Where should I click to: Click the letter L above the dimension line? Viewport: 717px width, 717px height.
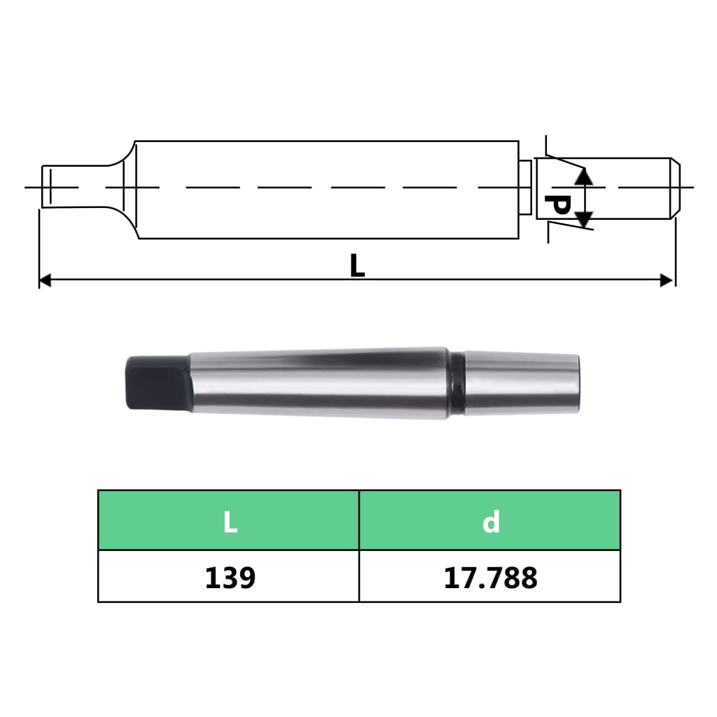click(x=357, y=266)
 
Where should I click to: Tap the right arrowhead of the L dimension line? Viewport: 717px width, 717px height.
click(x=667, y=281)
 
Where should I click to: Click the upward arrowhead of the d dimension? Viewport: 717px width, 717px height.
click(x=585, y=176)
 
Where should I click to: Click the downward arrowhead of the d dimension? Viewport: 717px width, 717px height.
click(x=585, y=219)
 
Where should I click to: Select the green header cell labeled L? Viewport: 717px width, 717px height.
click(x=229, y=520)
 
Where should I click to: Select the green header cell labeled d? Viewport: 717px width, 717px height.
click(x=490, y=520)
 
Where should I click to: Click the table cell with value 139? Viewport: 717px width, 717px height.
click(x=229, y=577)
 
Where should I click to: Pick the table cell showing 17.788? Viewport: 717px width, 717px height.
click(x=490, y=577)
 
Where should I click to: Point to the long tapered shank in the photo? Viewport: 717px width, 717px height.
click(x=315, y=382)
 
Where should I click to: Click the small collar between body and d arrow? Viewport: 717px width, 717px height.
click(x=524, y=188)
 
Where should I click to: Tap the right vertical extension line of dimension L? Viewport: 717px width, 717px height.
click(x=675, y=252)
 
